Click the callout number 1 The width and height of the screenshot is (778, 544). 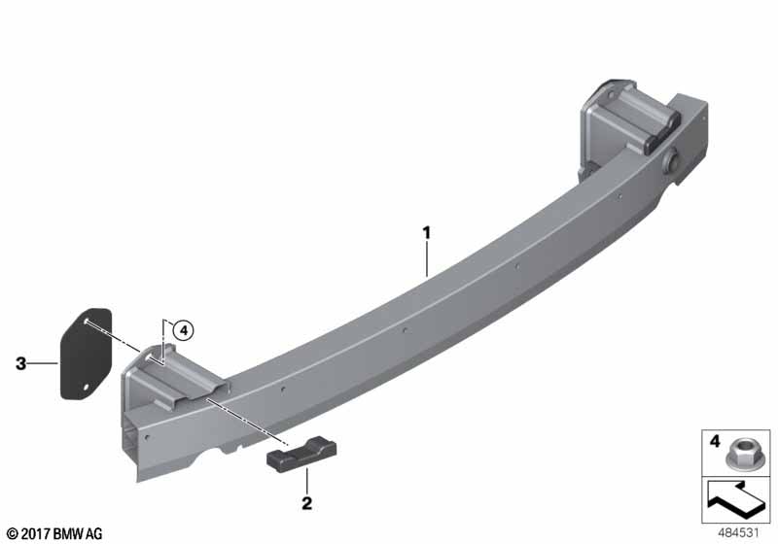tap(426, 233)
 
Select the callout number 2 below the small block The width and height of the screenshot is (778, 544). tap(307, 503)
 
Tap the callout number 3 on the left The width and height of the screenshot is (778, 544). tap(20, 363)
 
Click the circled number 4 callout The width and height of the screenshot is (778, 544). tap(184, 330)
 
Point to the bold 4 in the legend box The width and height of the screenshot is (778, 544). tap(715, 440)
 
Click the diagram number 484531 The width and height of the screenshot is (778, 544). tap(739, 533)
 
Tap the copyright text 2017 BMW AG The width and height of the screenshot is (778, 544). tap(55, 534)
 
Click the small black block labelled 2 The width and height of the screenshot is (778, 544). tap(301, 454)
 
